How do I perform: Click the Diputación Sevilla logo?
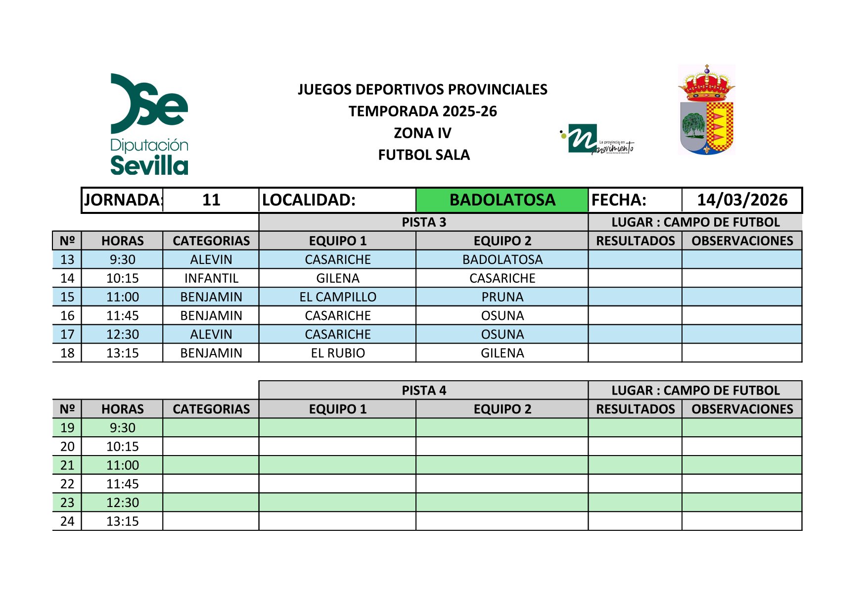[149, 124]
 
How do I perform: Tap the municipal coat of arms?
[706, 109]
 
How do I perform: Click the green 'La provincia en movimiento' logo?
[596, 139]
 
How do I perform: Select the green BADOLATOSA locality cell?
[502, 200]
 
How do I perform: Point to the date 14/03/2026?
[742, 200]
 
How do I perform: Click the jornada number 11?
[211, 200]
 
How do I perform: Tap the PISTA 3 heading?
[424, 222]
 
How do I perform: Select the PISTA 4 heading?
[424, 391]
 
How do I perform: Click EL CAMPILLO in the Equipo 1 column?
[338, 297]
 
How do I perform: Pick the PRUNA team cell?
[502, 297]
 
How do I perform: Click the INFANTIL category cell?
[211, 278]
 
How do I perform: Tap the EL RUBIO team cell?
[338, 353]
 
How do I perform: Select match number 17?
[67, 335]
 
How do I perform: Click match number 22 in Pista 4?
[67, 484]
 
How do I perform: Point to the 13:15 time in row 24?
[123, 521]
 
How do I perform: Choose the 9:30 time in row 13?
[123, 259]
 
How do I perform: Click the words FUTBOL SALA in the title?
[424, 155]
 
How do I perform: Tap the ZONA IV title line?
[422, 133]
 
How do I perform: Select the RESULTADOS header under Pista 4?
[635, 409]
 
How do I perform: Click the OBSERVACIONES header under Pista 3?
[742, 241]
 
